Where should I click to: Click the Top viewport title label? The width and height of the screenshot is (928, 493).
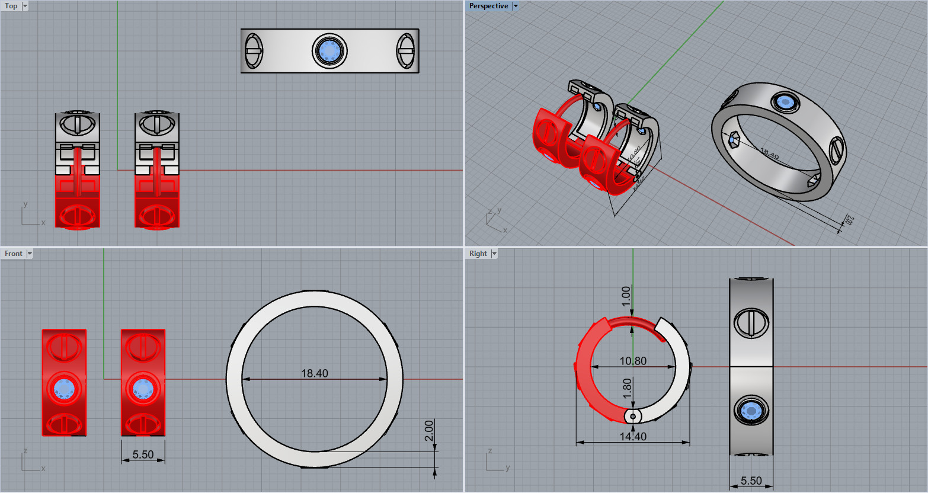(11, 6)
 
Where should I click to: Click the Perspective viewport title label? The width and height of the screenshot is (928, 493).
(488, 6)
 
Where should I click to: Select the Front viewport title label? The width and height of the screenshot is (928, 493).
(14, 254)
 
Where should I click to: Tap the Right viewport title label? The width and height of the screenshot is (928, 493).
(478, 254)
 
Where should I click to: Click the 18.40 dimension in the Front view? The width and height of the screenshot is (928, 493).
(314, 373)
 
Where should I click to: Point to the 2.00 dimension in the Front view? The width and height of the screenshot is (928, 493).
(430, 431)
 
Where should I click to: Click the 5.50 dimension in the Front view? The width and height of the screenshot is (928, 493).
(143, 454)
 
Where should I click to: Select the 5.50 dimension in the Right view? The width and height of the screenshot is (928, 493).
(751, 481)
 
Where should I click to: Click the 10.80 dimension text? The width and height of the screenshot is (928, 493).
(633, 361)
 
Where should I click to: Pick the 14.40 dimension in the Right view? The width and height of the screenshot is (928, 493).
(633, 437)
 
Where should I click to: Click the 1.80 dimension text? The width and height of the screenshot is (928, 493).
(627, 389)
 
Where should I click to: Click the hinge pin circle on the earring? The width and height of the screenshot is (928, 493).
(633, 417)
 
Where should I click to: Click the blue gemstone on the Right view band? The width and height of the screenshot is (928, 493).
(751, 410)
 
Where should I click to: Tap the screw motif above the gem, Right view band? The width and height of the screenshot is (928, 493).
(751, 323)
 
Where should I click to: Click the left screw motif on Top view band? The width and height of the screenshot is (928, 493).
(254, 51)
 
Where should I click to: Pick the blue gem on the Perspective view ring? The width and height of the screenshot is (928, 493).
(786, 103)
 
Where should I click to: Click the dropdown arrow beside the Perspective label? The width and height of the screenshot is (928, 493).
(516, 6)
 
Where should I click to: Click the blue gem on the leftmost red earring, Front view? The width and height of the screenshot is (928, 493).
(64, 389)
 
